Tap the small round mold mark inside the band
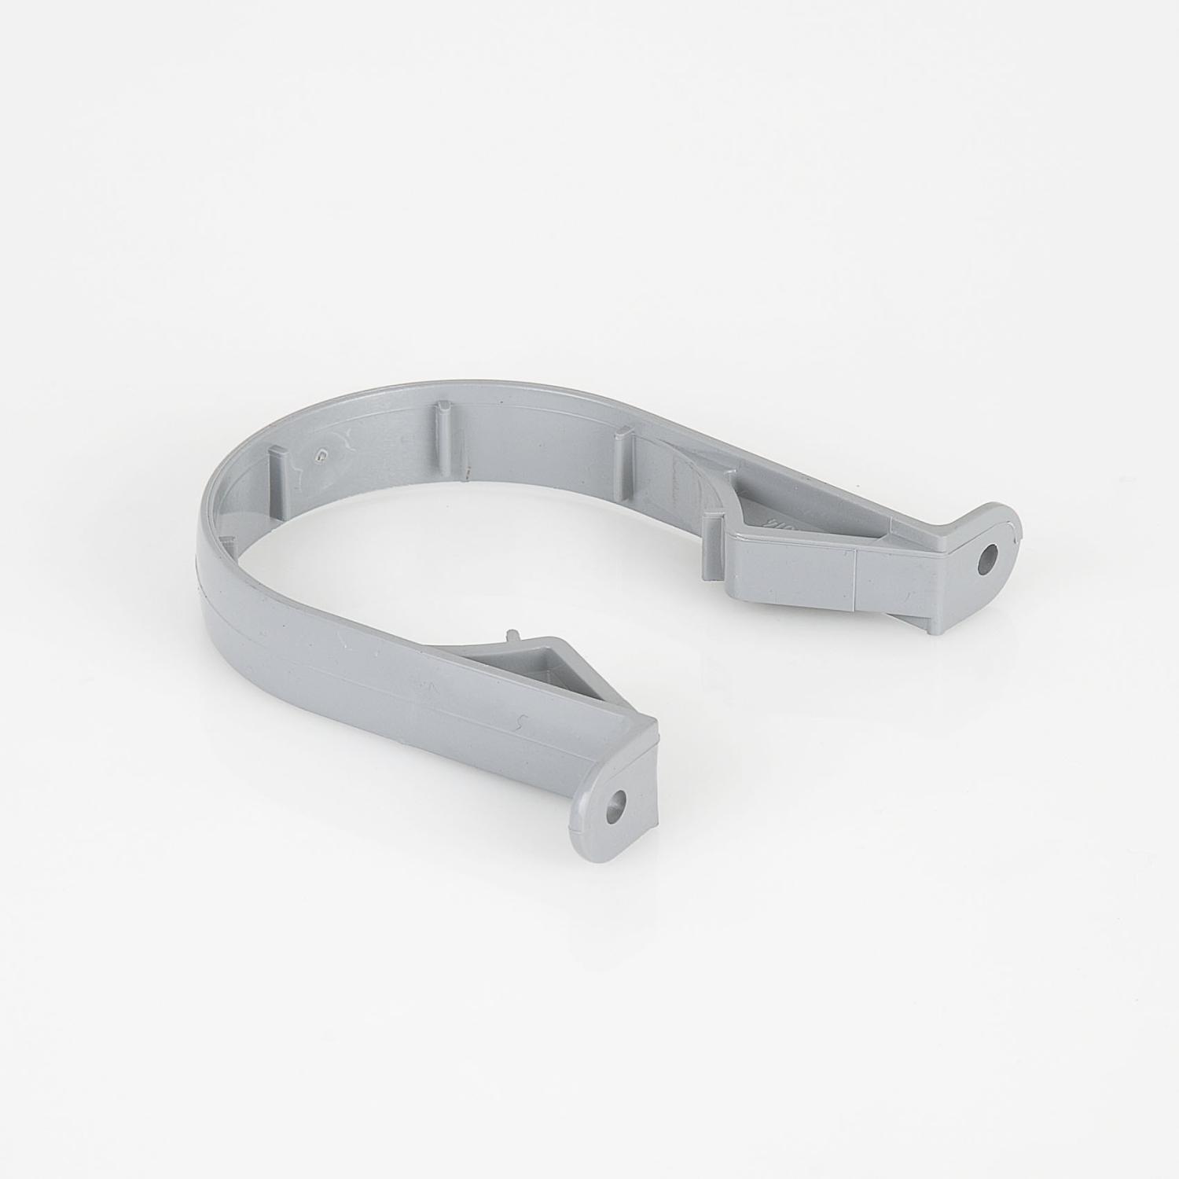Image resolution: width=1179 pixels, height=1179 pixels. click(x=320, y=454)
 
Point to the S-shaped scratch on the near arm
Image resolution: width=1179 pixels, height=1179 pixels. click(x=520, y=725)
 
